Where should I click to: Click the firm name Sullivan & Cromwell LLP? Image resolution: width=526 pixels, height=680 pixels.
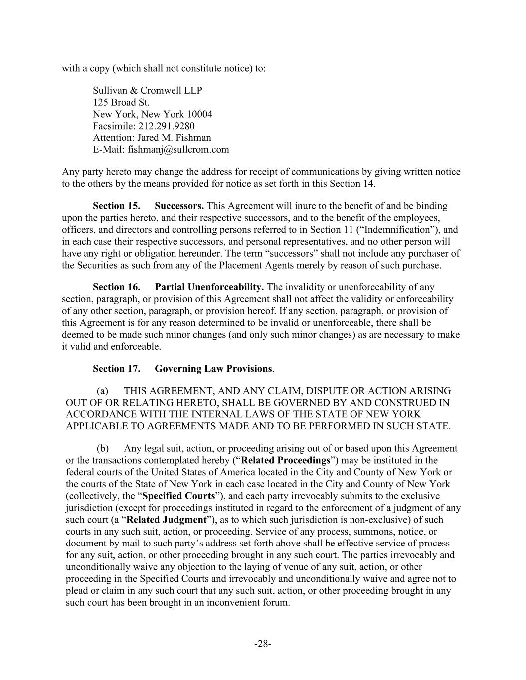[x=147, y=90]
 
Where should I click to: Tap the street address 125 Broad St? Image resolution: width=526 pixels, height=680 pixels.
[x=121, y=102]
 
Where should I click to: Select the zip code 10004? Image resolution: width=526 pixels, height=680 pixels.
[x=200, y=114]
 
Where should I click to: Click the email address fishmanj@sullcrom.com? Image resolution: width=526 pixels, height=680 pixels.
[x=178, y=149]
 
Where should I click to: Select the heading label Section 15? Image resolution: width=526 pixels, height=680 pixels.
[x=116, y=206]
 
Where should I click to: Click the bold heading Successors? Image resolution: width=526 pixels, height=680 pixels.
[x=179, y=206]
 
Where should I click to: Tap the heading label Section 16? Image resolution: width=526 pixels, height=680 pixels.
[x=116, y=287]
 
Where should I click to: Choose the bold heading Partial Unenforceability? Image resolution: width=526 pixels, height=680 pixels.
[x=209, y=287]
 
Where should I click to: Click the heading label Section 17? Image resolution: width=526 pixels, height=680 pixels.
[x=116, y=369]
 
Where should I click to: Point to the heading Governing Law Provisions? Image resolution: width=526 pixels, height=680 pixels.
[x=213, y=369]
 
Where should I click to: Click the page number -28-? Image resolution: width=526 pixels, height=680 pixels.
[x=263, y=644]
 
